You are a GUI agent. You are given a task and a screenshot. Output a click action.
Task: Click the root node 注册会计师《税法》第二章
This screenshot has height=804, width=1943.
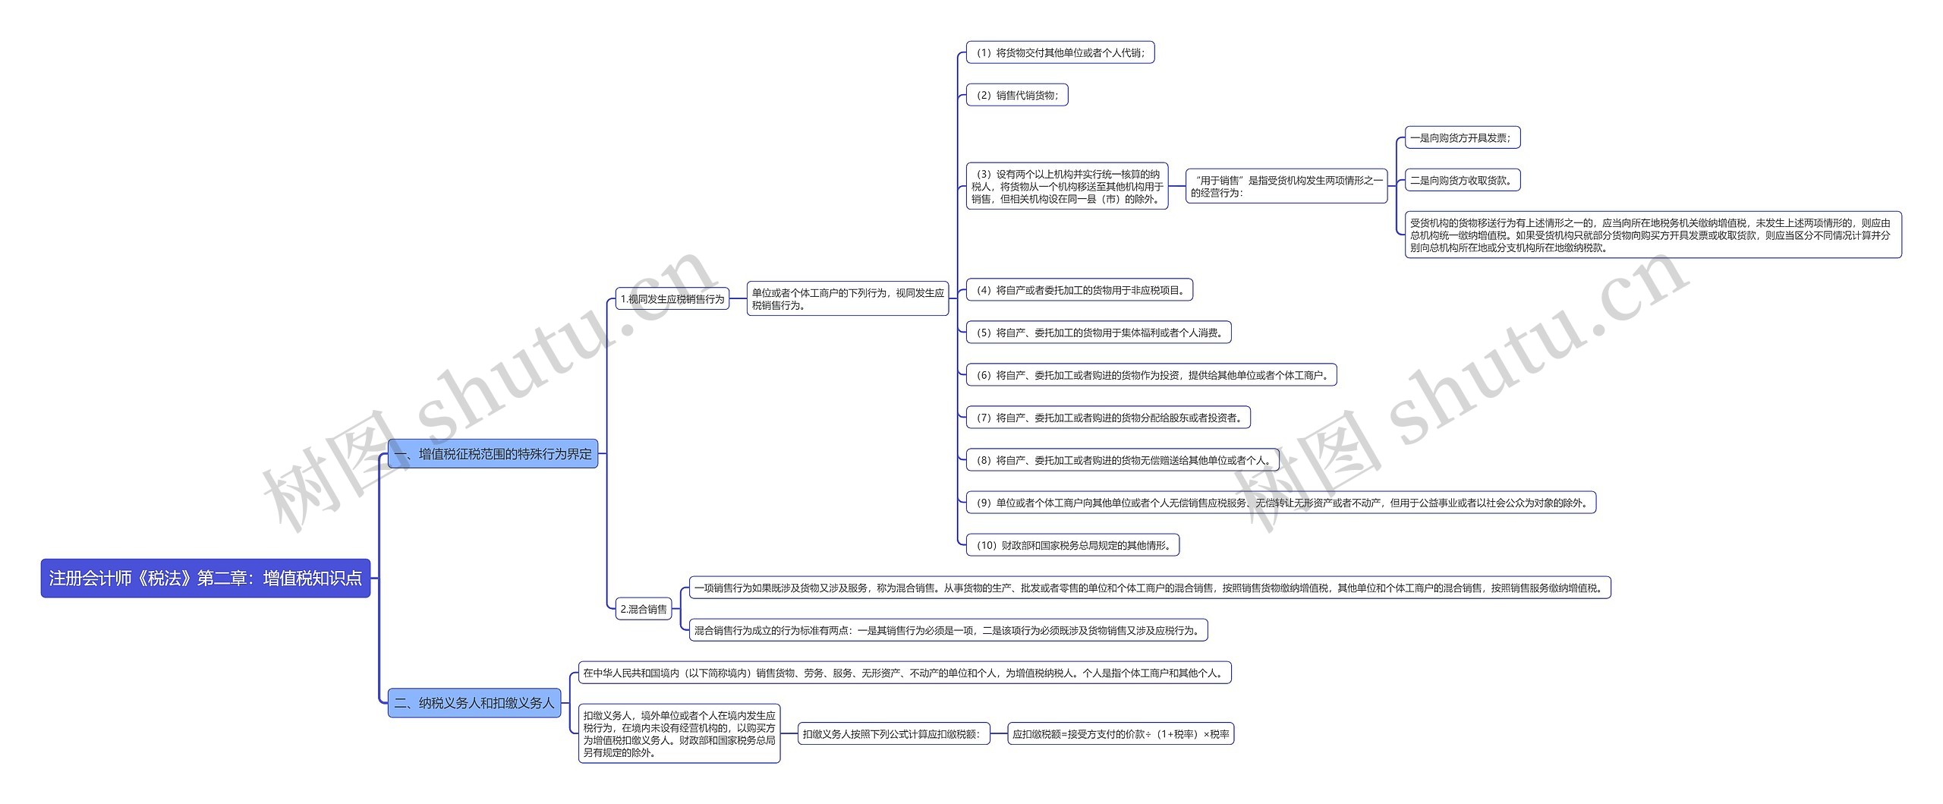(205, 579)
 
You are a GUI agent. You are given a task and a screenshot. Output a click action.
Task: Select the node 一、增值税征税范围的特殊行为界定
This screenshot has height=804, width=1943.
(493, 454)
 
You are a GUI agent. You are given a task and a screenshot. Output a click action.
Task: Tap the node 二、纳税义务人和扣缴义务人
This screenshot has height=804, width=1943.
(474, 703)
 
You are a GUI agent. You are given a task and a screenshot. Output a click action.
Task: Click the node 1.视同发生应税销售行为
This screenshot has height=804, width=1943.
(672, 299)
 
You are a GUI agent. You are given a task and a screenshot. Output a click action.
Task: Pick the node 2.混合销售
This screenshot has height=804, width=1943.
(644, 609)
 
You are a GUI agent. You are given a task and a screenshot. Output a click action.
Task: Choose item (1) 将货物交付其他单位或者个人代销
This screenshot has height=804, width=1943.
(1060, 52)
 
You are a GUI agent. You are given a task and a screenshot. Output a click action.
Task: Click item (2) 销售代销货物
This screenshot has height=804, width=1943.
(1017, 95)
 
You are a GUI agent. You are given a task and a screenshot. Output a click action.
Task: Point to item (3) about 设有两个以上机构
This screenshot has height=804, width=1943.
(1066, 187)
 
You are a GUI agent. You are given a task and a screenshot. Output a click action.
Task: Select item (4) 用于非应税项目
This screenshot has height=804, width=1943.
(1079, 290)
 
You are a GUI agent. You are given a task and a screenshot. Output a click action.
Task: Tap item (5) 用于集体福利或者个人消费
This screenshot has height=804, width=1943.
(1098, 333)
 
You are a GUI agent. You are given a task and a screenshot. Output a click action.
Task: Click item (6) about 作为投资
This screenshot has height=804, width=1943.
(1151, 375)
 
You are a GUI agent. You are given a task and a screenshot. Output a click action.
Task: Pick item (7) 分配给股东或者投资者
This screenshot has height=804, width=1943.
(1108, 418)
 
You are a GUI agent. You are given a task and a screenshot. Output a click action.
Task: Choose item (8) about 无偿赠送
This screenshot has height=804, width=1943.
(1122, 460)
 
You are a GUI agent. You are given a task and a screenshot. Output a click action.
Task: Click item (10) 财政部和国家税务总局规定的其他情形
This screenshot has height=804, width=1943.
(1072, 545)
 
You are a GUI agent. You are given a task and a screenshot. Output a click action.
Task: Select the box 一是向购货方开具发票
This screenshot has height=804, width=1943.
(1463, 138)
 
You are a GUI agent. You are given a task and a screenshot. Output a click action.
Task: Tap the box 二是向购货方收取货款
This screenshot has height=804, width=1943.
(1463, 181)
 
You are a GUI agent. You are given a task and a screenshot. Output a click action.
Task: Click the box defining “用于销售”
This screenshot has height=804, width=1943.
(1286, 187)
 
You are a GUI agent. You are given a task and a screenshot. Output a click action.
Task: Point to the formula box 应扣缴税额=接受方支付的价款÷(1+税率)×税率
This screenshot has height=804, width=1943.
(1120, 734)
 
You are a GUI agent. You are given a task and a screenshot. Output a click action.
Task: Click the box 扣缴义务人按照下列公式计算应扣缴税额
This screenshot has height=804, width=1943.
(894, 734)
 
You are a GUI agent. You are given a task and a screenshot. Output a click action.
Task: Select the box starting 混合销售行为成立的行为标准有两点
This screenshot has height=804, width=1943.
(948, 630)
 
